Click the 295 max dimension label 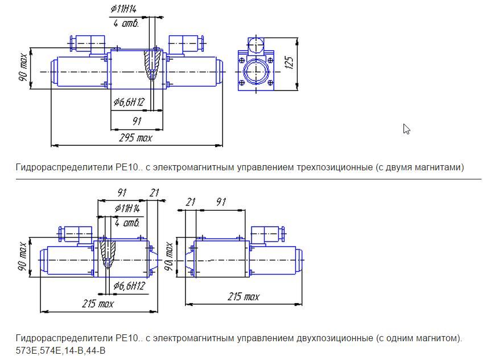click(x=135, y=138)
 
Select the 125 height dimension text click(x=289, y=63)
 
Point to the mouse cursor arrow click(x=406, y=129)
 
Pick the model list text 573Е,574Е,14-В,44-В click(x=61, y=350)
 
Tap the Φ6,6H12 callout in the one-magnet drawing click(x=129, y=285)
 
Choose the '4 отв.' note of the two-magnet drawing click(x=126, y=23)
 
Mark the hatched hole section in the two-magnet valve click(x=152, y=64)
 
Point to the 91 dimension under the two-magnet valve click(x=137, y=121)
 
